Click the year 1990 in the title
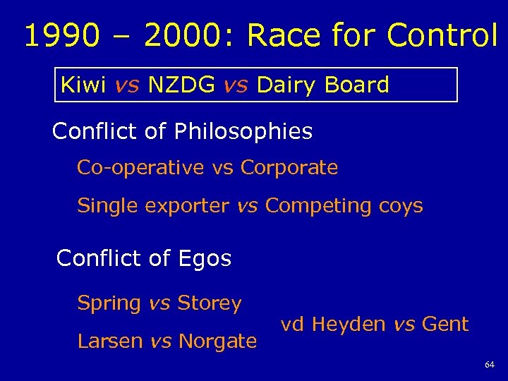tap(62, 36)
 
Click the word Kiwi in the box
tap(83, 85)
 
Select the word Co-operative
tap(140, 168)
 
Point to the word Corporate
tap(289, 168)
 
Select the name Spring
tap(109, 303)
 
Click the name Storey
tap(210, 303)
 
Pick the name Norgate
tap(217, 341)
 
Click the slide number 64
tap(490, 365)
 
